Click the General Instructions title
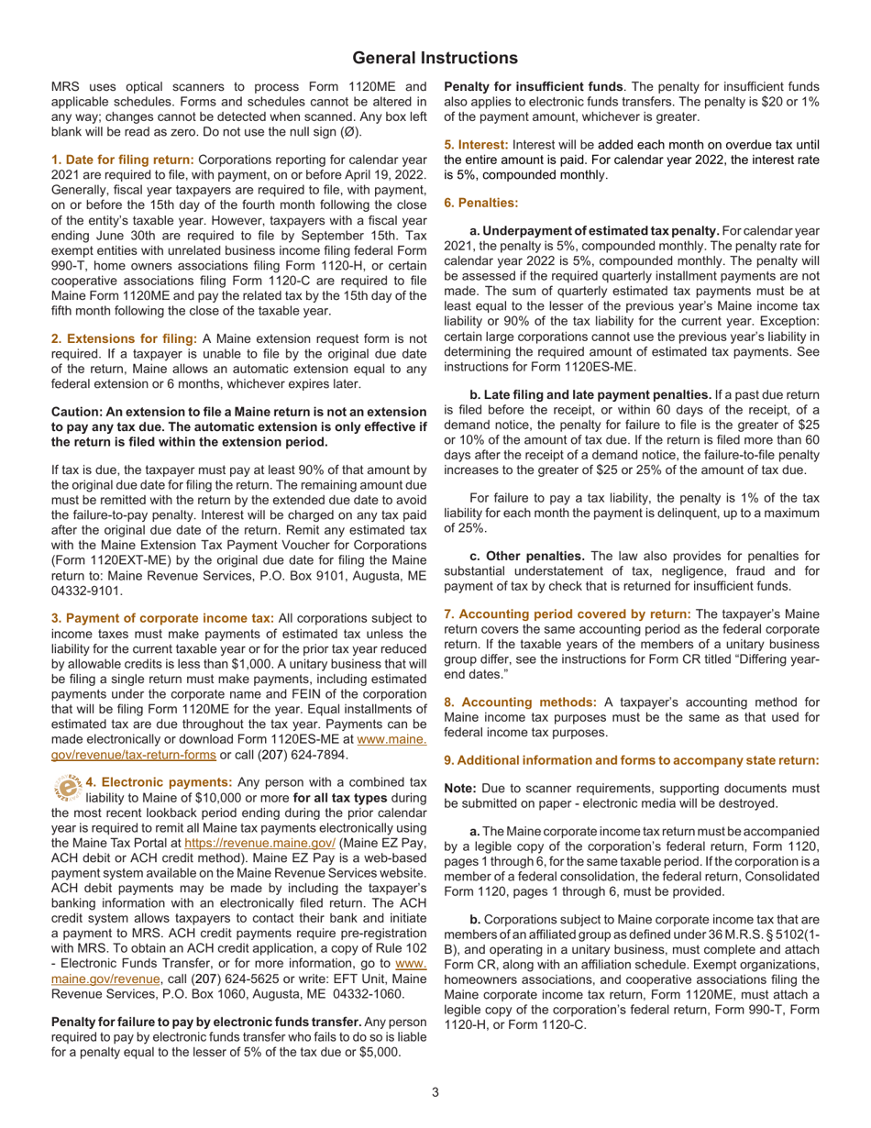(x=435, y=58)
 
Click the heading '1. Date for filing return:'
(x=123, y=160)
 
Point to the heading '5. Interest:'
(x=475, y=145)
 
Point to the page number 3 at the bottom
(x=435, y=1091)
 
